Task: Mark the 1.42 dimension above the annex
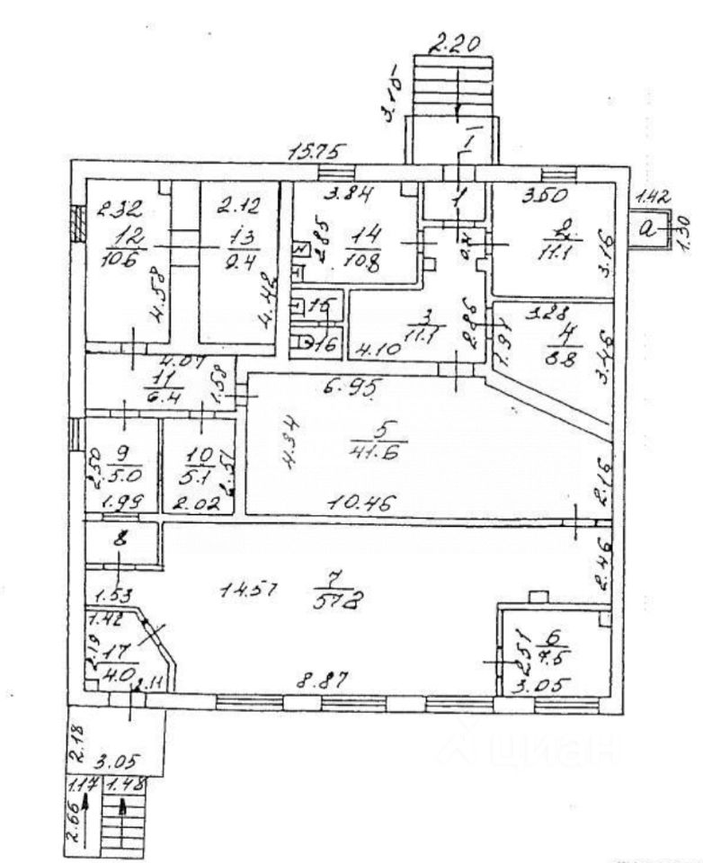[650, 196]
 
